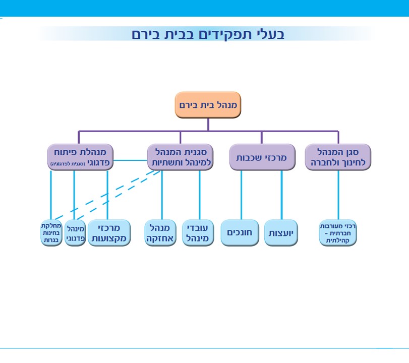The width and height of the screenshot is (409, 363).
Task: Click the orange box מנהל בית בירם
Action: pos(208,105)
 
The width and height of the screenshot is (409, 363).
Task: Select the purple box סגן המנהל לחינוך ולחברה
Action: pos(338,157)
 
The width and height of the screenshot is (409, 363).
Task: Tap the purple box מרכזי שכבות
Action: pos(262,157)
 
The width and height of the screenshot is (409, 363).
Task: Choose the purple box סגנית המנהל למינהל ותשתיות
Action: pos(180,157)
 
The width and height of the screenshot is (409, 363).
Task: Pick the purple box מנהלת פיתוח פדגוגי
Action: pos(80,157)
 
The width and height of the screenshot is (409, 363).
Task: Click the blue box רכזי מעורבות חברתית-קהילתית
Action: pos(338,233)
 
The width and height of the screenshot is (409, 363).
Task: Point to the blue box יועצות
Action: pos(281,233)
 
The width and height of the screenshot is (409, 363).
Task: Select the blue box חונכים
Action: pos(240,233)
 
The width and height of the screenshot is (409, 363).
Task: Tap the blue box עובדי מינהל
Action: pos(198,233)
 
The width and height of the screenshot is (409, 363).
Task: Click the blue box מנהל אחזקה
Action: pos(161,233)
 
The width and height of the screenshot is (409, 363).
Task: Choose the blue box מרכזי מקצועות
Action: pos(109,233)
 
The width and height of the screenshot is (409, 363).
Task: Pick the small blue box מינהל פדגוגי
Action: pos(75,233)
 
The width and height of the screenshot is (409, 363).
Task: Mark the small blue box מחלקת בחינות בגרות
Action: pos(51,233)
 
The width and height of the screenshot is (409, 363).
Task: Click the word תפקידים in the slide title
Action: pos(229,34)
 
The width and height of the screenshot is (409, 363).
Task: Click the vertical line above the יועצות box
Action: pos(281,194)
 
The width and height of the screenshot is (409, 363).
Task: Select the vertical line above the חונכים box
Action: pos(242,194)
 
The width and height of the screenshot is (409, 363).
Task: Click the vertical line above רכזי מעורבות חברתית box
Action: pos(338,194)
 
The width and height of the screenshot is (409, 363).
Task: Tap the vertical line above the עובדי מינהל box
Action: pos(199,194)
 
